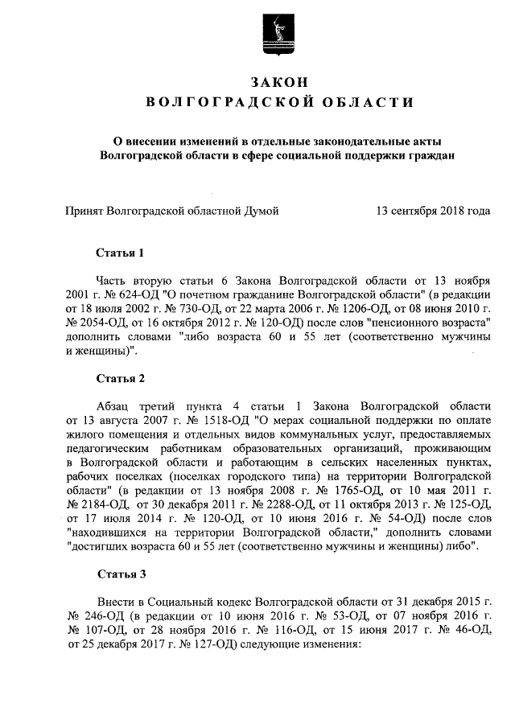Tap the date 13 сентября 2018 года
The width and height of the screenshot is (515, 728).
[433, 212]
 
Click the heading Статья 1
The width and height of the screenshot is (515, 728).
[120, 253]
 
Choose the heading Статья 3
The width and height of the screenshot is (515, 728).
[120, 574]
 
